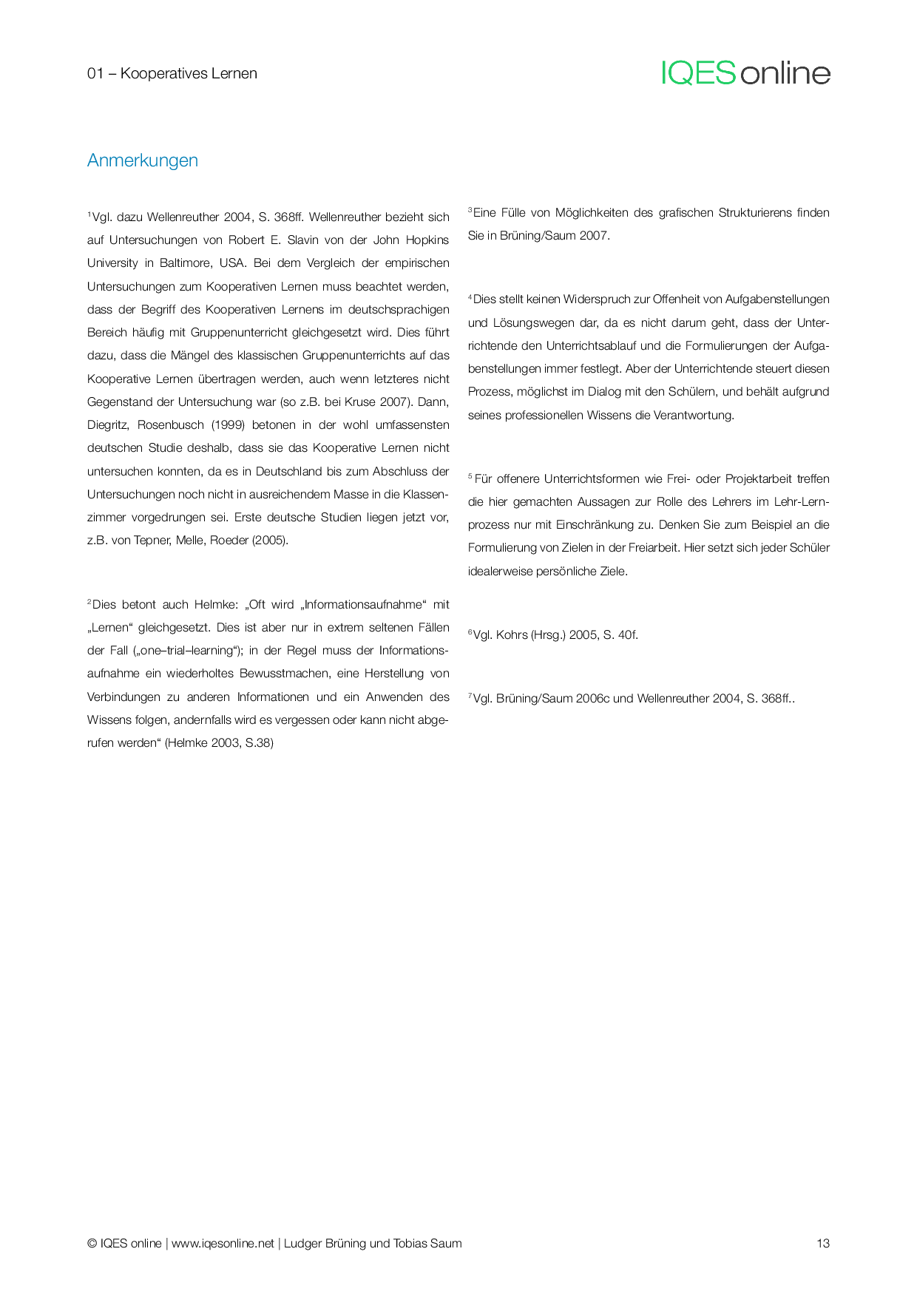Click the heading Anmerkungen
coord(143,160)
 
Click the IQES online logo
coord(745,73)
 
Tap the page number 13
coord(822,1243)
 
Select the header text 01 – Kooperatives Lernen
coord(172,73)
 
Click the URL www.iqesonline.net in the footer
coord(223,1243)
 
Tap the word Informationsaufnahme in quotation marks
coord(363,605)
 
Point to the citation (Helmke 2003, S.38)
coord(219,743)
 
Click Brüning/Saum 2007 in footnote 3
coord(554,236)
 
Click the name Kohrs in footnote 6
coord(512,635)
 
